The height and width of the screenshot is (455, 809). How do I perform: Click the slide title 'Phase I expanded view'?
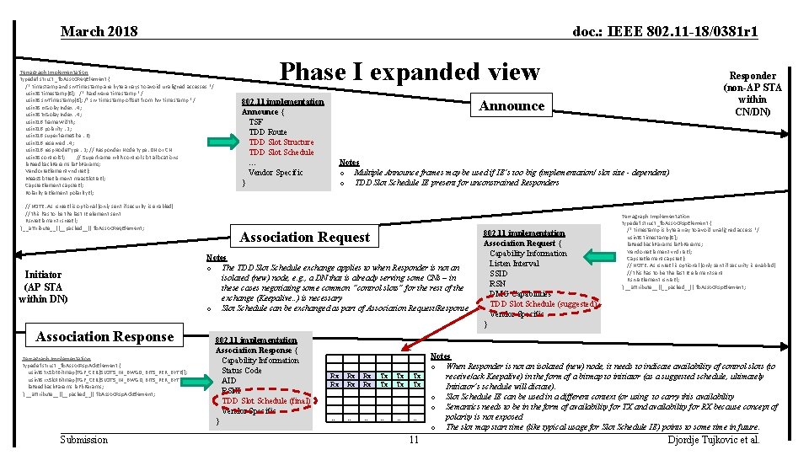tap(410, 72)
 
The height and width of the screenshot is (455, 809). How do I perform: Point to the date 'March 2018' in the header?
tap(99, 32)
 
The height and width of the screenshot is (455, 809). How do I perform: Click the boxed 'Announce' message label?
tap(512, 105)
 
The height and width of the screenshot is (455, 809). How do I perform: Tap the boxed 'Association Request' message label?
tap(306, 238)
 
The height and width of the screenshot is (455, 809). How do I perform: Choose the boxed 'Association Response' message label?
tap(104, 337)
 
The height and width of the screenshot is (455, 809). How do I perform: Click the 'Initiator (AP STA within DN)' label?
tap(43, 286)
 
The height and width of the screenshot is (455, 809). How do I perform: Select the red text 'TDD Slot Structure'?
tap(281, 142)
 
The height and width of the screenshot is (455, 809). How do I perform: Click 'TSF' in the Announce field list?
tap(255, 122)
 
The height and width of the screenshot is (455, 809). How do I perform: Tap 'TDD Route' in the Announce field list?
tap(267, 132)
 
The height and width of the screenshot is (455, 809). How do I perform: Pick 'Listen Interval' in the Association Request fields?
tap(514, 264)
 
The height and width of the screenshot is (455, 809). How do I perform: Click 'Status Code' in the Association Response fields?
tap(242, 371)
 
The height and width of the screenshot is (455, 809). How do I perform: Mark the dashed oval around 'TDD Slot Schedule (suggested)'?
tap(543, 304)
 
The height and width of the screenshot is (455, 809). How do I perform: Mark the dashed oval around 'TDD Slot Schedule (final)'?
tap(265, 401)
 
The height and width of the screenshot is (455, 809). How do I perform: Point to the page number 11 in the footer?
tap(413, 440)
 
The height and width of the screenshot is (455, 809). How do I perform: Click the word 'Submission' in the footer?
tap(84, 440)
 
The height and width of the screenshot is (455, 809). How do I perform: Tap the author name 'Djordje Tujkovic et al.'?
tap(713, 440)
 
